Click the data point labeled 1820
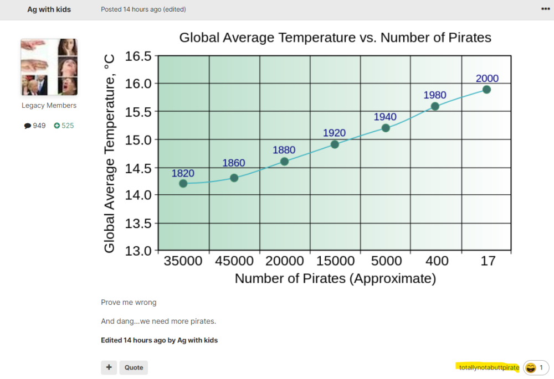pos(183,183)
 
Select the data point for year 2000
pos(486,89)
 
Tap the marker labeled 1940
pos(386,128)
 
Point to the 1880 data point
pos(284,161)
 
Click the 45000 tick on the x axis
pos(234,261)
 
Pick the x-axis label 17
pos(488,261)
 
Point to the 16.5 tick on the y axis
pos(138,56)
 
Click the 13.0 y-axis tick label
pos(138,251)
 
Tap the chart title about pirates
pos(335,38)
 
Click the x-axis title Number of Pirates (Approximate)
pos(335,278)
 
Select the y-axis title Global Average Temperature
pos(110,153)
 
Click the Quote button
pos(134,367)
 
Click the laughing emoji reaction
pos(531,367)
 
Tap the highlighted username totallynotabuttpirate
pos(489,367)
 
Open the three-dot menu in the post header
pos(545,9)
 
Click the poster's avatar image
pos(49,67)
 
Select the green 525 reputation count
pos(64,126)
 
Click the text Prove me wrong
pos(129,303)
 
